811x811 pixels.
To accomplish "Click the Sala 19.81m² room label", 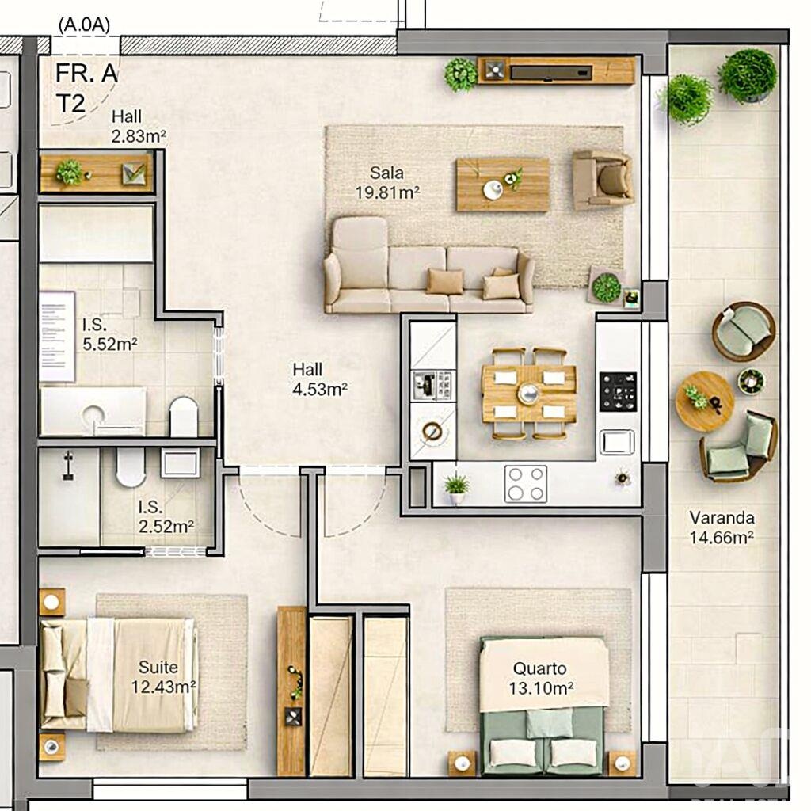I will [x=386, y=182].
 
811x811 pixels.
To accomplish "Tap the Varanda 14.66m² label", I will [x=721, y=527].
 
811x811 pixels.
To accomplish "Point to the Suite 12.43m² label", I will [x=162, y=677].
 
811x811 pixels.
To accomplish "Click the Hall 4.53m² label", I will [x=320, y=379].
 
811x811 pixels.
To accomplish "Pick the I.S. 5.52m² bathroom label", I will [x=110, y=333].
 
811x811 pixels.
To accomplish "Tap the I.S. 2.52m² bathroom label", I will [x=166, y=516].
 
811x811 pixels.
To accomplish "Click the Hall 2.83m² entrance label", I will [x=138, y=127].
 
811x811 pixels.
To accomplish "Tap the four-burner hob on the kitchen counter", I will [x=526, y=482].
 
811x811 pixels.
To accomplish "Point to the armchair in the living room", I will [x=603, y=179].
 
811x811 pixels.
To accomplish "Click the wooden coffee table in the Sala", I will [x=502, y=185].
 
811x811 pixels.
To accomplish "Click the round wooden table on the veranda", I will [x=704, y=401].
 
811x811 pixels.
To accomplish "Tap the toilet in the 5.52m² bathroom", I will [x=184, y=417].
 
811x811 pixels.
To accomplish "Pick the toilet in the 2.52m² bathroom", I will [x=131, y=467].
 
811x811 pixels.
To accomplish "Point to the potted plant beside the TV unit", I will [x=460, y=74].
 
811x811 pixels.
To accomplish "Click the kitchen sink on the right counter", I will [x=617, y=442].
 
